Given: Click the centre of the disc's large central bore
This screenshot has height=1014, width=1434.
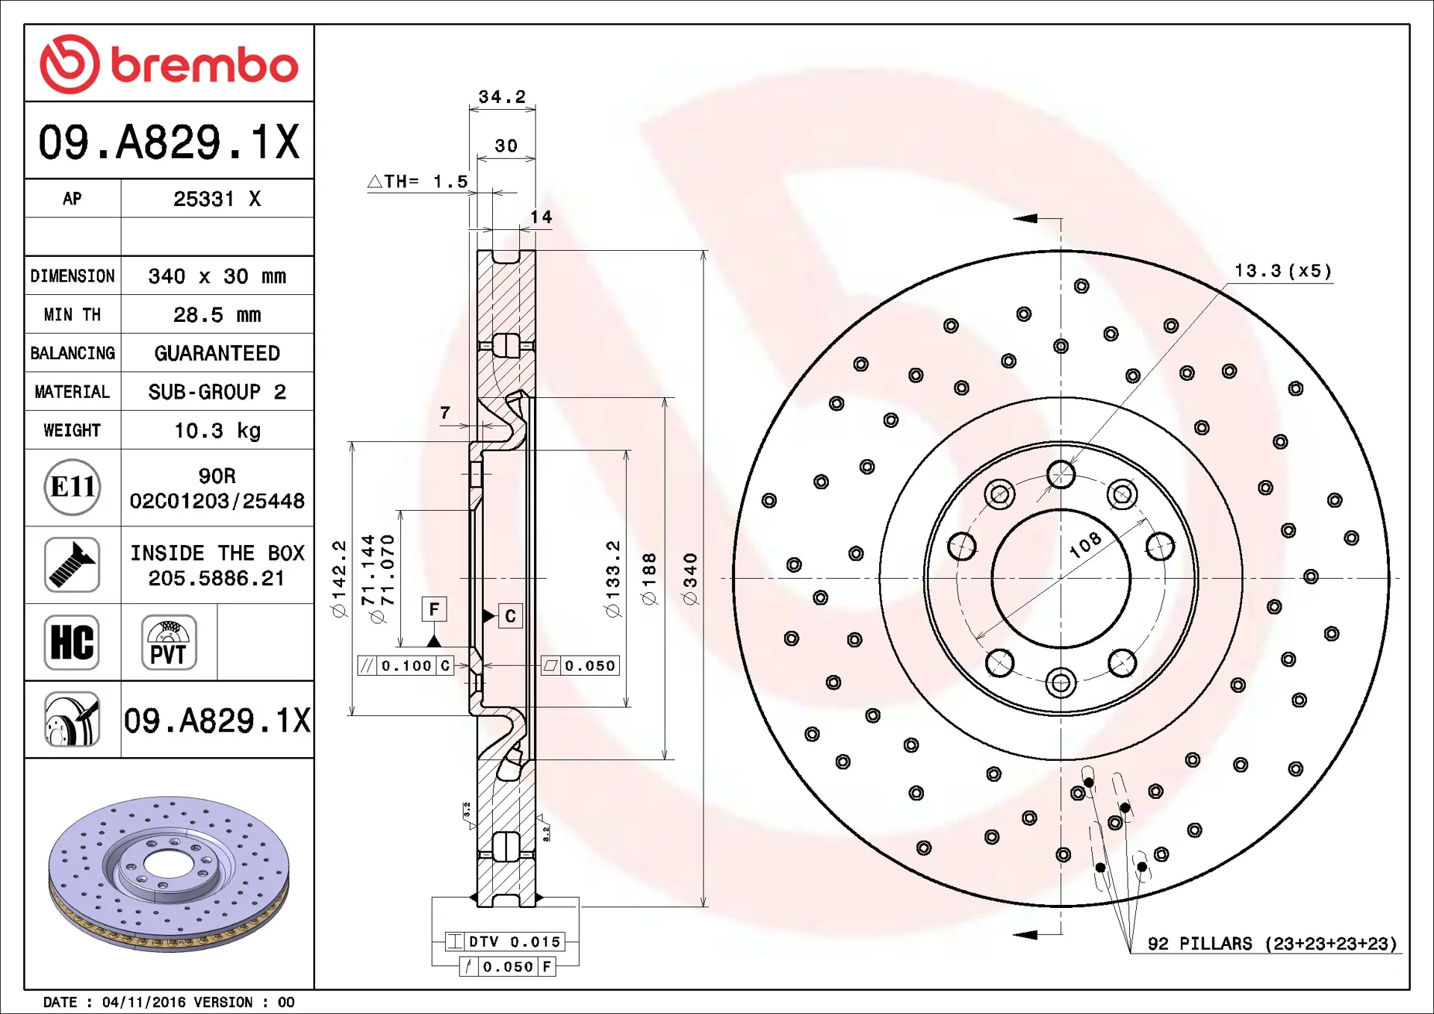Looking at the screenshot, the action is tap(1061, 579).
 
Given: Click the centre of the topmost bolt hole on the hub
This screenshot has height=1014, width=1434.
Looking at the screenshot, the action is tap(1061, 474).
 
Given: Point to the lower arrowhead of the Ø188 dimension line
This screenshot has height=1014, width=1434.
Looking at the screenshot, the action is tap(665, 755).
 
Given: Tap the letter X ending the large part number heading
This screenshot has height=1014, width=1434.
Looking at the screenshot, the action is tap(286, 142).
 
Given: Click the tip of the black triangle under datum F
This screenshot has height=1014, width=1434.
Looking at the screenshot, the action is tap(434, 635).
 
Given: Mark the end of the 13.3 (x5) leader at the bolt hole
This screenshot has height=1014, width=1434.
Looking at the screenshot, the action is tap(1070, 464).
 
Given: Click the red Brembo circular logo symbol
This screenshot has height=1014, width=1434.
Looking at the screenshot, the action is tap(69, 64).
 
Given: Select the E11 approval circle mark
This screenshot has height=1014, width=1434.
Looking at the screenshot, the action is tap(72, 488).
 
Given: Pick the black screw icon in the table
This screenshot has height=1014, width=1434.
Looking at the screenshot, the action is tap(72, 565).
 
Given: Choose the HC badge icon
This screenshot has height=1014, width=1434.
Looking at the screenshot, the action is tap(72, 642).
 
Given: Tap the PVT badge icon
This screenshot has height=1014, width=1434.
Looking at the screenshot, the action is tap(169, 642).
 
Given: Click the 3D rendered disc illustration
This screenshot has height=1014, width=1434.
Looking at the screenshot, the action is tap(169, 874).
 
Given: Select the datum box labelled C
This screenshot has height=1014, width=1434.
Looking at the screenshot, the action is tap(510, 616).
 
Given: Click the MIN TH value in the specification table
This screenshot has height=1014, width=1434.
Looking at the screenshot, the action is tap(217, 315).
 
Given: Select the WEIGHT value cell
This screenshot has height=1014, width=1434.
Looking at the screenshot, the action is tap(217, 431).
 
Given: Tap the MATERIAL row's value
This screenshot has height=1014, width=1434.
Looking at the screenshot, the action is tap(217, 392).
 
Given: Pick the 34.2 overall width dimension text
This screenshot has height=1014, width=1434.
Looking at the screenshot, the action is tap(502, 97).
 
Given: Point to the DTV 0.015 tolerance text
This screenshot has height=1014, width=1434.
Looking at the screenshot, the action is tap(515, 942).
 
